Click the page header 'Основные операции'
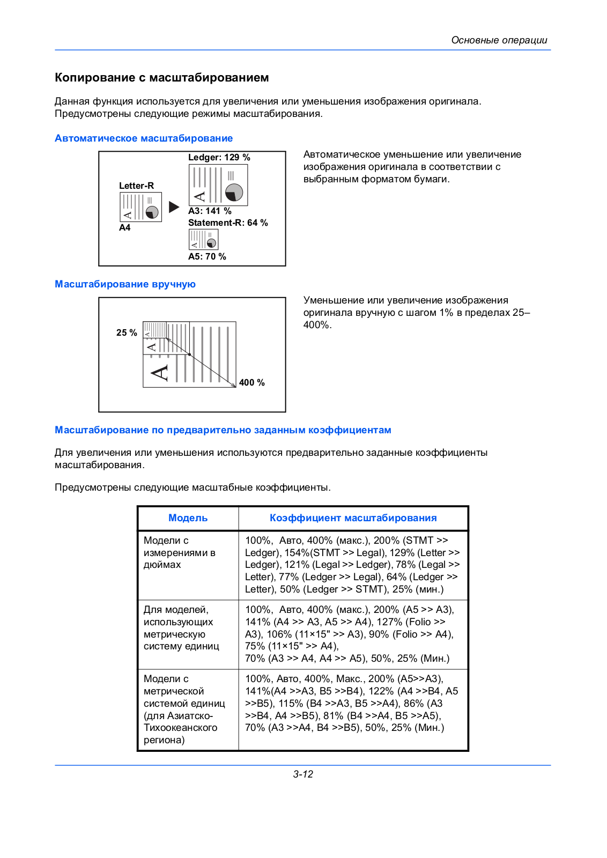tap(499, 40)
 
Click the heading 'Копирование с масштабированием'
tap(161, 78)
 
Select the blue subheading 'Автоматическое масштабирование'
tap(144, 138)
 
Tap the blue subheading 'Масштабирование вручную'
tap(125, 284)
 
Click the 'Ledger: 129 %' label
tap(219, 157)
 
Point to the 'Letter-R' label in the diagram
tap(136, 186)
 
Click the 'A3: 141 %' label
tap(210, 211)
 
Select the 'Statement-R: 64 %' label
tap(228, 223)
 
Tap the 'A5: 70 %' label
tap(207, 256)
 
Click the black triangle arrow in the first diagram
tap(174, 207)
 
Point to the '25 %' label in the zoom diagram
tap(127, 332)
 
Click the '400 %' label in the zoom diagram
tap(251, 382)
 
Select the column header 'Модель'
tap(188, 518)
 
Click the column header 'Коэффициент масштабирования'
tap(353, 518)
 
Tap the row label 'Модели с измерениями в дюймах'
tap(179, 552)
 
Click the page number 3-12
tap(303, 774)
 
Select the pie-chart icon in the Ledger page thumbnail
tap(234, 192)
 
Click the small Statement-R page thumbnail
tap(203, 239)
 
